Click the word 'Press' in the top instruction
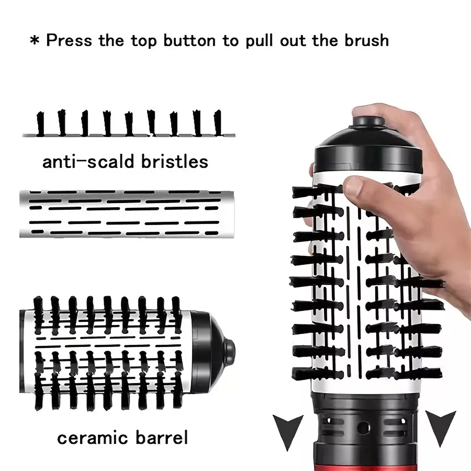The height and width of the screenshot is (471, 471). click(69, 40)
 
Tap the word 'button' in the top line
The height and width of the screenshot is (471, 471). click(189, 40)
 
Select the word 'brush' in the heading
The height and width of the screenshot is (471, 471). click(366, 40)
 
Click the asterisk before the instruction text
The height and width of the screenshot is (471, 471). click(35, 40)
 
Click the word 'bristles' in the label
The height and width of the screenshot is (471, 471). click(174, 161)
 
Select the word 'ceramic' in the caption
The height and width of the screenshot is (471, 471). click(93, 438)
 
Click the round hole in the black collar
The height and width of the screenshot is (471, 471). click(363, 428)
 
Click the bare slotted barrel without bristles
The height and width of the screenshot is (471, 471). click(127, 214)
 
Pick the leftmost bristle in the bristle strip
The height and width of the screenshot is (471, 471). click(40, 124)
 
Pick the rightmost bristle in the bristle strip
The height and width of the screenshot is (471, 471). click(218, 123)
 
